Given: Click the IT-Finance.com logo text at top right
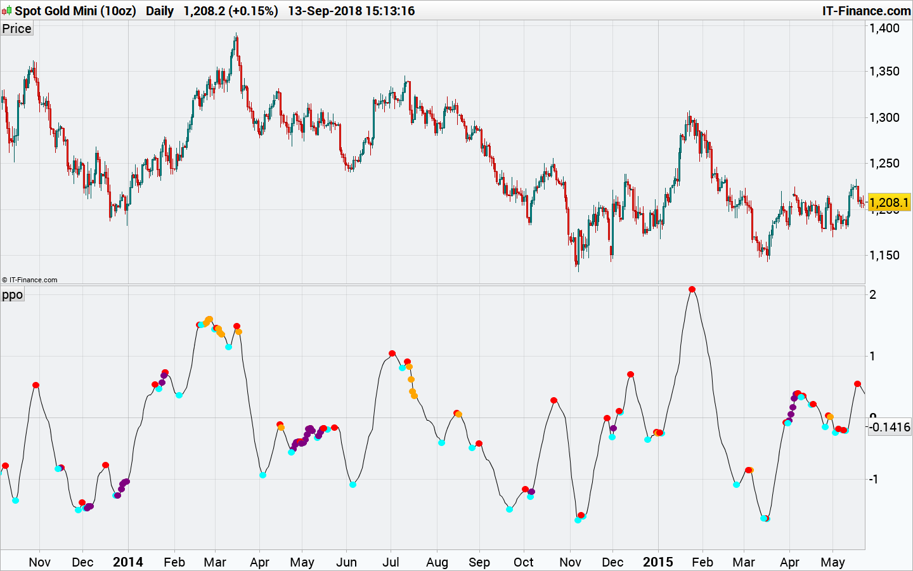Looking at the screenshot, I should click(866, 11).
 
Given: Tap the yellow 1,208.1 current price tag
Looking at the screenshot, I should click(888, 202).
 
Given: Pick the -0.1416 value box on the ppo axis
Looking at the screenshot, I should click(890, 427).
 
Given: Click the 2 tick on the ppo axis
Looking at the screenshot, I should click(873, 294).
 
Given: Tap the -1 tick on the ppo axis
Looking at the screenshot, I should click(873, 479).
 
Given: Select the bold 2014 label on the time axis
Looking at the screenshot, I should click(127, 562).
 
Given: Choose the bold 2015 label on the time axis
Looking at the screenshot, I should click(657, 562).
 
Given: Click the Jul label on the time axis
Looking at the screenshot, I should click(391, 562).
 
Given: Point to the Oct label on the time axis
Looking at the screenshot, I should click(524, 562).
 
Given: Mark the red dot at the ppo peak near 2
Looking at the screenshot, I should click(692, 289).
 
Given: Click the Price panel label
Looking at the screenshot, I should click(16, 29).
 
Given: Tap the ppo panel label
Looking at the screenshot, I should click(12, 294).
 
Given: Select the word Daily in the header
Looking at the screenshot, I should click(160, 11).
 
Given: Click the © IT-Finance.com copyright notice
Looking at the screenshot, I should click(29, 280).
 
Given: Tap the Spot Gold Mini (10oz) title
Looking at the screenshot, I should click(75, 11).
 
